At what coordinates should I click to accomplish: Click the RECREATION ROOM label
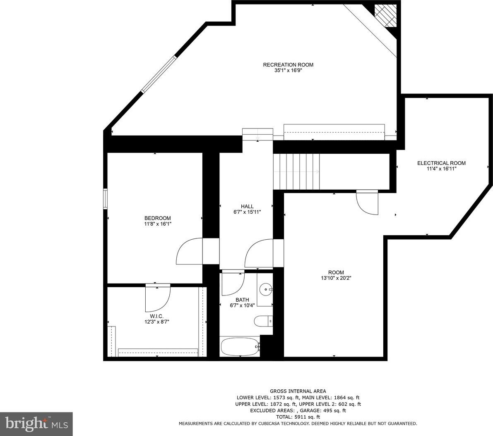(x=288, y=64)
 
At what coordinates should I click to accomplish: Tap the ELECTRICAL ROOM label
(x=441, y=163)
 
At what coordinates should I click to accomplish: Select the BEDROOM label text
(x=158, y=218)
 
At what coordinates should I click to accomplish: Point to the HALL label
(x=247, y=206)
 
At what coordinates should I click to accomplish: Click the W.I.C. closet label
(x=156, y=316)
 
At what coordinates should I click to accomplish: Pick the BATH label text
(x=242, y=300)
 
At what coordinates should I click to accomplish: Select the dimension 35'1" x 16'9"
(x=288, y=71)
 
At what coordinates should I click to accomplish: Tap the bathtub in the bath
(x=240, y=347)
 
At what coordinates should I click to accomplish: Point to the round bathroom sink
(x=266, y=289)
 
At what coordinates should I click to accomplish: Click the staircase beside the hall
(x=296, y=172)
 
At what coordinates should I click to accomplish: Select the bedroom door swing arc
(x=189, y=251)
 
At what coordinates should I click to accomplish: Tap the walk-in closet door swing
(x=158, y=298)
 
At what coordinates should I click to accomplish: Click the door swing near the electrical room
(x=367, y=203)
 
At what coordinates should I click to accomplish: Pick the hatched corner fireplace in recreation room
(x=387, y=16)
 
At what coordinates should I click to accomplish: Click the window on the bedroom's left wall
(x=105, y=199)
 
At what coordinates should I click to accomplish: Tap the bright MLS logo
(x=36, y=424)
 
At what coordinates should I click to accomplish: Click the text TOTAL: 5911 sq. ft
(x=298, y=417)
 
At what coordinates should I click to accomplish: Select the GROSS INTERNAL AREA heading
(x=298, y=391)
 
